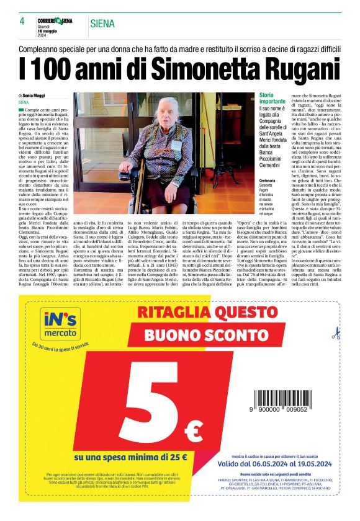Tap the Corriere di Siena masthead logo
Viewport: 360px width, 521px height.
point(56,20)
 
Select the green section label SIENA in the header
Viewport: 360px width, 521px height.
point(102,24)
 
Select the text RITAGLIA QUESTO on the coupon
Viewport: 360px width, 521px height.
point(193,312)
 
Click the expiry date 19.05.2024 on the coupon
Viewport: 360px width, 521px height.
point(311,463)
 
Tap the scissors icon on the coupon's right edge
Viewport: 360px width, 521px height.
point(336,335)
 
